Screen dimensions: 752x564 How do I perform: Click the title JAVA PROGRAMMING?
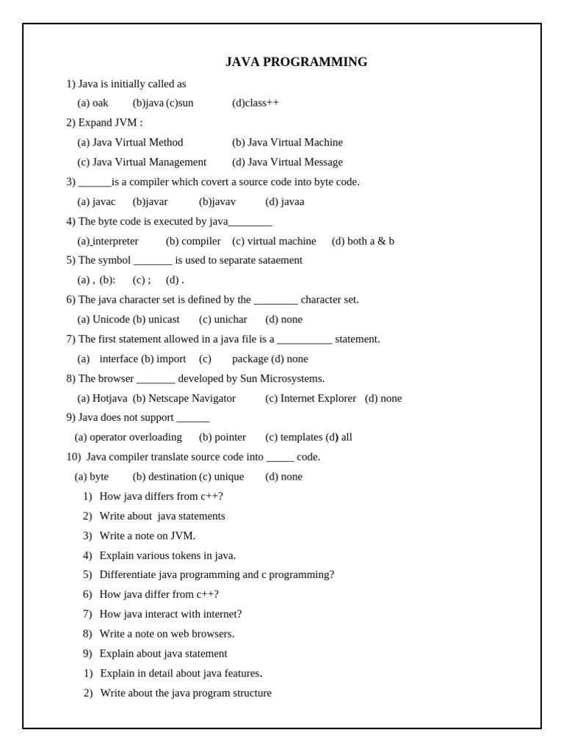click(296, 62)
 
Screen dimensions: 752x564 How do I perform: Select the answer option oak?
click(100, 103)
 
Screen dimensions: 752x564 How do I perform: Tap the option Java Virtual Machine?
click(294, 142)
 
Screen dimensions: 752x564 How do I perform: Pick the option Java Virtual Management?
click(149, 162)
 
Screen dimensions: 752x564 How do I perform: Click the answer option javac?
click(104, 202)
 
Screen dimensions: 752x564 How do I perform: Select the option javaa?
click(292, 202)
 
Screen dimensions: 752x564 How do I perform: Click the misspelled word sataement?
click(276, 260)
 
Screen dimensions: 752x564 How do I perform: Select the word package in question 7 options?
click(250, 359)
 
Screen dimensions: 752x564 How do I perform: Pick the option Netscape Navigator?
click(192, 398)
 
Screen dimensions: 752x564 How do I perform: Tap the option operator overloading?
click(136, 437)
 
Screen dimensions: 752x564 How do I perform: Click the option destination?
click(172, 477)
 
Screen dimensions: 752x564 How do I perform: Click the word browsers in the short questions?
click(213, 634)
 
